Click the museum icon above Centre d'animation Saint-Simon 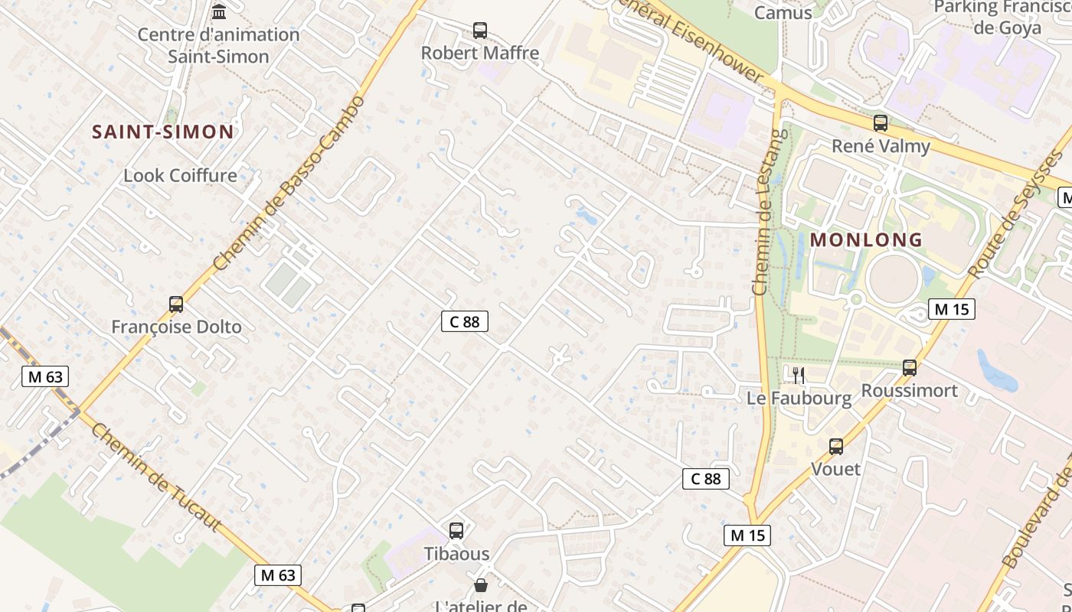[219, 11]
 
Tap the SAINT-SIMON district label [163, 132]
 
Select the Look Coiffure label [181, 175]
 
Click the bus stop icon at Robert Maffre [480, 31]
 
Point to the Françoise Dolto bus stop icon [176, 304]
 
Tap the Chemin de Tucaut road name [156, 477]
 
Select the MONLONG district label [866, 239]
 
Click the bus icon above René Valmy [881, 122]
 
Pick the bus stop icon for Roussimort [910, 368]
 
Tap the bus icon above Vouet [836, 447]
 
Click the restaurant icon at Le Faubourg [799, 375]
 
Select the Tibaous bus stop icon [456, 530]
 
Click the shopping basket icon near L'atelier [480, 586]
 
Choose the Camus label [783, 12]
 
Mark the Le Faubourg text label [799, 398]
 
